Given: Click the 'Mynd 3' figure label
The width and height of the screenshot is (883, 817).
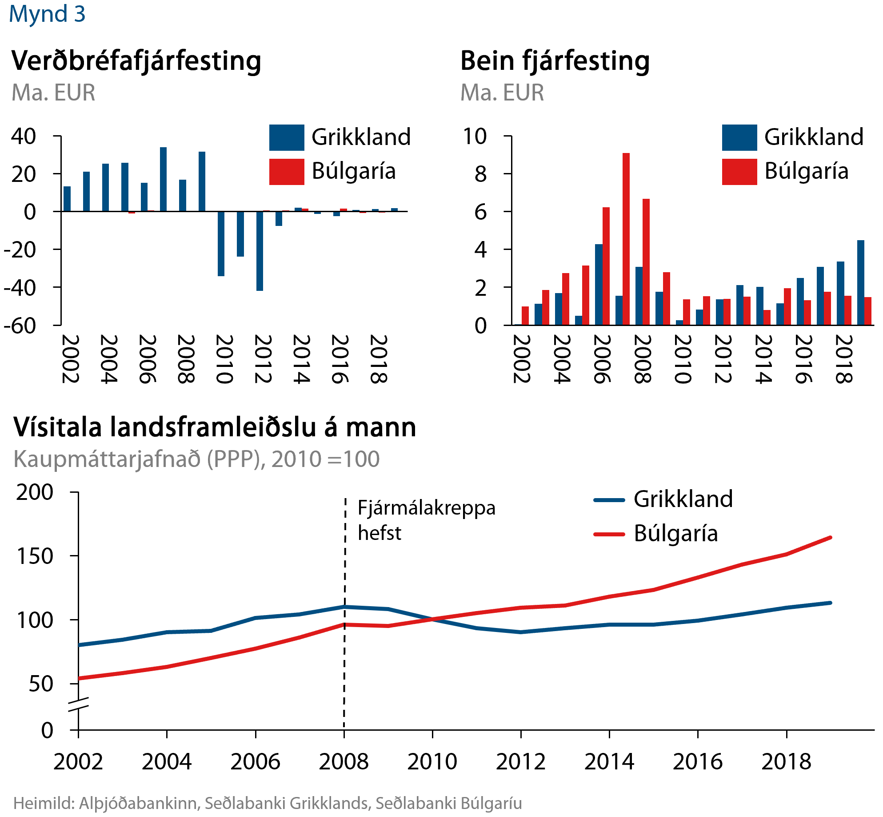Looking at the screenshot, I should [x=47, y=14].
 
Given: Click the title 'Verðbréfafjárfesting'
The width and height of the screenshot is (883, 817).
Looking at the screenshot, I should [x=136, y=61].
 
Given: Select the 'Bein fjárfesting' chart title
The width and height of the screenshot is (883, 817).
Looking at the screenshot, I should [x=555, y=61].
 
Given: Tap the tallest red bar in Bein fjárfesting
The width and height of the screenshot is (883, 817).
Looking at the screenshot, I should [x=626, y=239].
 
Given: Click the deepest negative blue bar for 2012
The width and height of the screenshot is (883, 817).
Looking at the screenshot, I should [x=260, y=251].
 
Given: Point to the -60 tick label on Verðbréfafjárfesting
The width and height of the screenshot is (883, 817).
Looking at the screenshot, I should [x=20, y=326].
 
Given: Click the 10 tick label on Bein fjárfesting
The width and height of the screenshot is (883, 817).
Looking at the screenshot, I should [x=475, y=137].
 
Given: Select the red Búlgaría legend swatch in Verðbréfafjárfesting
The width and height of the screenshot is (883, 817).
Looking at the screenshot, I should [x=287, y=172].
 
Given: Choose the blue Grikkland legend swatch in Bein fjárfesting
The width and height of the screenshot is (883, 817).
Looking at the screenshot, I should [x=739, y=138].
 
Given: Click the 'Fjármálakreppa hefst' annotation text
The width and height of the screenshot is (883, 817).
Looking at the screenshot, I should [x=426, y=520].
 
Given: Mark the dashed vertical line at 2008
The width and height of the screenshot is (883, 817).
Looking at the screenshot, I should [x=345, y=578].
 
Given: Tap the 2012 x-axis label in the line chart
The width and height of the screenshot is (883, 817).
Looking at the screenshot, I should [x=520, y=761].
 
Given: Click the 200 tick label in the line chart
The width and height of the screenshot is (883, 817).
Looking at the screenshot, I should [x=35, y=493].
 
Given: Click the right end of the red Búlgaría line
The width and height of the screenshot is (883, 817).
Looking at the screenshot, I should [x=830, y=538].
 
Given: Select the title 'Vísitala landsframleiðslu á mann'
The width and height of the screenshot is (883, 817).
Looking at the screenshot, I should [x=215, y=427].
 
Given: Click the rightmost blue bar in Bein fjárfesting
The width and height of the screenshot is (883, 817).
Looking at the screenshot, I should [x=860, y=282].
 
